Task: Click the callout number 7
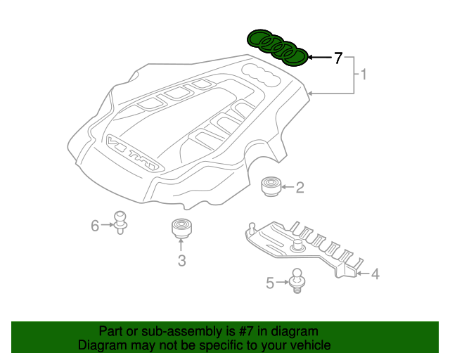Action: [338, 58]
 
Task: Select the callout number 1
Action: [364, 73]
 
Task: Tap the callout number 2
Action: [300, 187]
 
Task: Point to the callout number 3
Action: [181, 262]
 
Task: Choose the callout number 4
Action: [375, 274]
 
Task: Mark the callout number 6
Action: [95, 225]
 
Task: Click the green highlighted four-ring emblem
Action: [277, 47]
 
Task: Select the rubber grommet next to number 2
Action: [271, 186]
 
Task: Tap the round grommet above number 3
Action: [181, 229]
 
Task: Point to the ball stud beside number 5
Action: [298, 279]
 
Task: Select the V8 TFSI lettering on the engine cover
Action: [135, 155]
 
